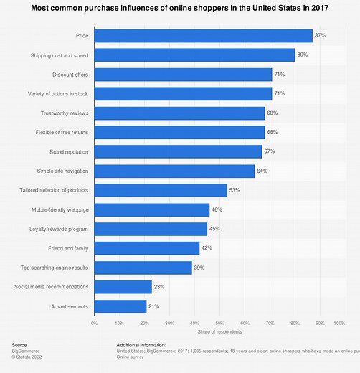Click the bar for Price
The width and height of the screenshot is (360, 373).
pyautogui.click(x=204, y=36)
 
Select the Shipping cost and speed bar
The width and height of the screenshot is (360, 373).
pyautogui.click(x=195, y=55)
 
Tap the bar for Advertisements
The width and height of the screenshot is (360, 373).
pyautogui.click(x=120, y=306)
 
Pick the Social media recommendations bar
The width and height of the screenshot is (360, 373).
pyautogui.click(x=123, y=287)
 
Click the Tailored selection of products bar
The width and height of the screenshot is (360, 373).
pyautogui.click(x=161, y=190)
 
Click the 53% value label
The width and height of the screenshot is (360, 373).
pyautogui.click(x=235, y=190)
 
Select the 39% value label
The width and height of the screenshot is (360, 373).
pyautogui.click(x=199, y=268)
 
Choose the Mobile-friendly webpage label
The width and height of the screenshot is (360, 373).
pyautogui.click(x=60, y=209)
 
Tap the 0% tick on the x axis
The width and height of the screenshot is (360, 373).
pyautogui.click(x=95, y=324)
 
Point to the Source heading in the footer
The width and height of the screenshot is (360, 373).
pyautogui.click(x=19, y=345)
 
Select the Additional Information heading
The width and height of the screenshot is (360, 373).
pyautogui.click(x=145, y=345)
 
